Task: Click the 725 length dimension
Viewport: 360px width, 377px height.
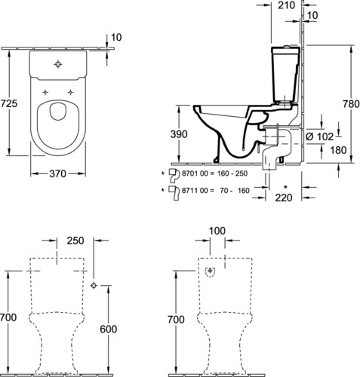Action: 8,103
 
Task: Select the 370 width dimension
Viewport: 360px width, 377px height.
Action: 57,173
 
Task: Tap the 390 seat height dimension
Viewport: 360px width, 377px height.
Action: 179,134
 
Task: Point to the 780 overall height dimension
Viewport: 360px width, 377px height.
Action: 351,103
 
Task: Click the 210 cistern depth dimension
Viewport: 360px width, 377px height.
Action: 286,5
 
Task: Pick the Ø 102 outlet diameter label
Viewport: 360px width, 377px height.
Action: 319,136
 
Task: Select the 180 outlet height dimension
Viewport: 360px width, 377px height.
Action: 338,150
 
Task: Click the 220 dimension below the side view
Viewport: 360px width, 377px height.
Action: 284,198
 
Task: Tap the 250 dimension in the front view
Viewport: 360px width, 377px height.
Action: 75,241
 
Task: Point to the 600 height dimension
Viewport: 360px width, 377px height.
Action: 109,329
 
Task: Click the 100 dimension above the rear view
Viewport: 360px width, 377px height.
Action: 217,231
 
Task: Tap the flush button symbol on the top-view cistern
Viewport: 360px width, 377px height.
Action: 58,64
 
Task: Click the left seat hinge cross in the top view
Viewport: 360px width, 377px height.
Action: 45,92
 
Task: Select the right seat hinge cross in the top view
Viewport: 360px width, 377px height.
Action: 71,92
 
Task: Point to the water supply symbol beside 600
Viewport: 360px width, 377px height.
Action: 94,285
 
